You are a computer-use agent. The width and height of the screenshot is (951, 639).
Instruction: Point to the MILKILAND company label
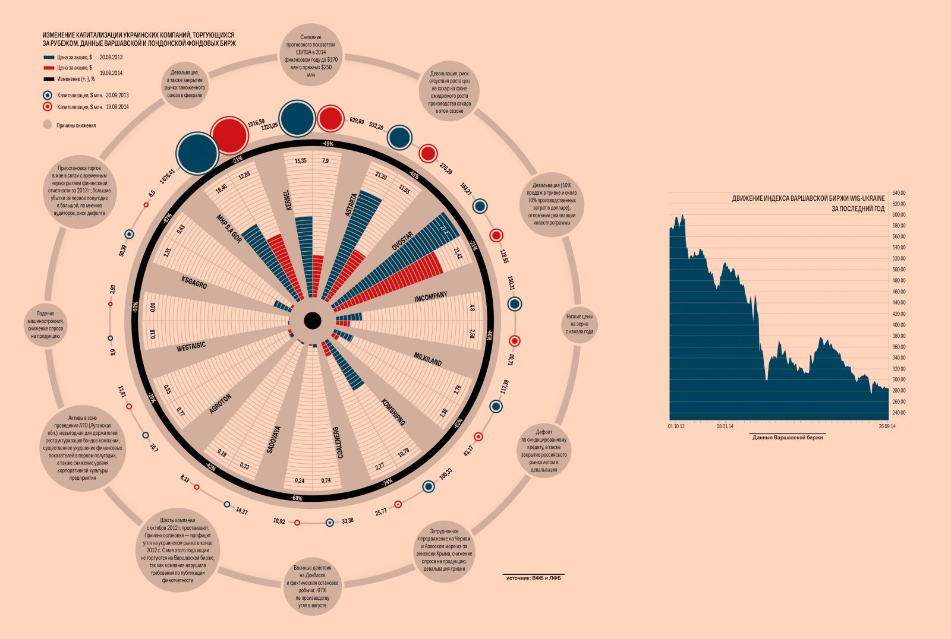click(427, 359)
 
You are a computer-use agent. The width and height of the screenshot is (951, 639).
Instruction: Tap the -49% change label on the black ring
click(328, 144)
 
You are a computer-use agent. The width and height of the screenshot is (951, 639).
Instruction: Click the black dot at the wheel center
click(313, 321)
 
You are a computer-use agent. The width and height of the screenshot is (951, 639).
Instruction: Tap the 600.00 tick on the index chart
click(898, 214)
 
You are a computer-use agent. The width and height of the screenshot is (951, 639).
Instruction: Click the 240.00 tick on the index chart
click(898, 413)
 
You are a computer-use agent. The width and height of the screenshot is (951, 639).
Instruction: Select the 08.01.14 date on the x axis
click(725, 426)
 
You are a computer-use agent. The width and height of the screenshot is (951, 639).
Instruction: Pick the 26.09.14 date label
click(887, 426)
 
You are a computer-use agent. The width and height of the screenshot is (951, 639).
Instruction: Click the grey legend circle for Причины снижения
click(48, 125)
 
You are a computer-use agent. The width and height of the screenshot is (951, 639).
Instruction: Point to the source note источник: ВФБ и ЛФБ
click(533, 577)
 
